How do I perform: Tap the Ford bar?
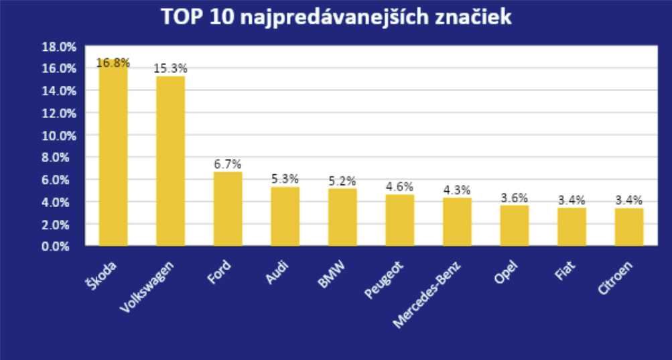228,209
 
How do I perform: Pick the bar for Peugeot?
399,221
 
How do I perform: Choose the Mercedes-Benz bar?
457,222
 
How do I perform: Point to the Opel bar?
514,226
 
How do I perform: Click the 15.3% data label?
170,68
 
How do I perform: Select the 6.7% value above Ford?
228,164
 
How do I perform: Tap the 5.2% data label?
342,181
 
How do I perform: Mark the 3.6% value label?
514,198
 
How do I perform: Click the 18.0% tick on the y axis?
59,46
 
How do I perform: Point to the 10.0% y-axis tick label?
59,135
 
